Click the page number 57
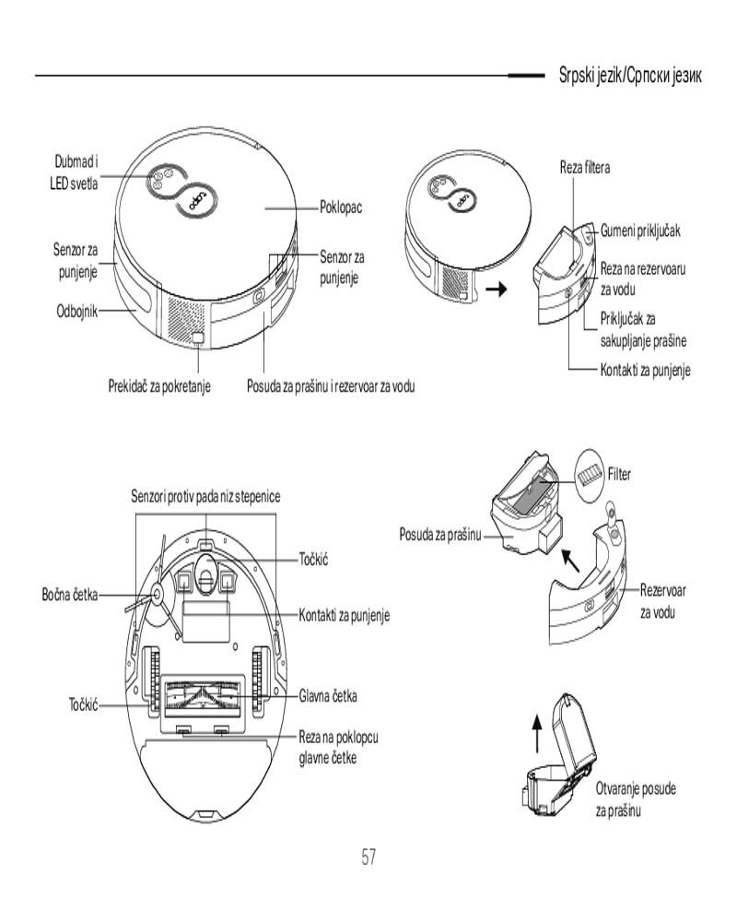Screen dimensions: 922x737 click(368, 857)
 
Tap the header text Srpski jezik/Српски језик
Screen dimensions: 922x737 click(631, 76)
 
